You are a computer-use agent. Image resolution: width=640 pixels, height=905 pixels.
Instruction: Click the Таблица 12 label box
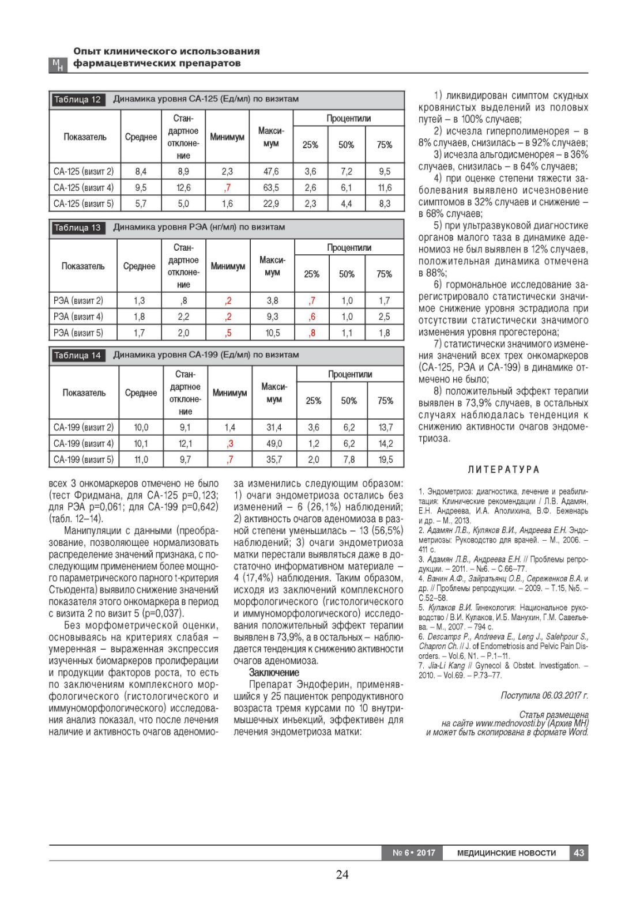[77, 99]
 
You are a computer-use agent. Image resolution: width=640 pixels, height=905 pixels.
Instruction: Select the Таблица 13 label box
[77, 228]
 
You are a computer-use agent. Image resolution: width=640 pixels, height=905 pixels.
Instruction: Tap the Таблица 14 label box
[77, 356]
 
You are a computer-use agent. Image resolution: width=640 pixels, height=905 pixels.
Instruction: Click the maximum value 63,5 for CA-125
[271, 187]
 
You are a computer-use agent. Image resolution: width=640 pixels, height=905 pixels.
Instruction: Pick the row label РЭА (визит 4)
[78, 316]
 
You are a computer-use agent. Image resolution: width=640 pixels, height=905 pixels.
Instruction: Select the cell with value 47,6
[271, 171]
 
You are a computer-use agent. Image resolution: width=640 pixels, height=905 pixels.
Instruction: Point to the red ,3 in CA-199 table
[230, 443]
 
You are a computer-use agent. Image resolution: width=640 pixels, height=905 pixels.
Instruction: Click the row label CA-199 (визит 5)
[84, 459]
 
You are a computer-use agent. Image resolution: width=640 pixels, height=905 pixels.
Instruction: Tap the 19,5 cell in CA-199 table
[385, 459]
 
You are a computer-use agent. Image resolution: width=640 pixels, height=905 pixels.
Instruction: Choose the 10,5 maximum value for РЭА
[272, 333]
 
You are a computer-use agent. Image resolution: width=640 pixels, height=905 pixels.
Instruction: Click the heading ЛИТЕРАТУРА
[503, 470]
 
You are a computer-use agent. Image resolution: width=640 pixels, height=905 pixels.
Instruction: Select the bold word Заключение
[274, 672]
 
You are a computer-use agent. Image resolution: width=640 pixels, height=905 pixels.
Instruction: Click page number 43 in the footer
[579, 853]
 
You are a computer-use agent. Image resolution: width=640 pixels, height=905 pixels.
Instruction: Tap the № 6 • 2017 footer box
[413, 853]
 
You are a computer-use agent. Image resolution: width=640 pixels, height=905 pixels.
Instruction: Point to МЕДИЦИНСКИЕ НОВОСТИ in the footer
[506, 853]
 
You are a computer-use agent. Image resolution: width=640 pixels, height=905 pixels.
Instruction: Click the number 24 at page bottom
[342, 874]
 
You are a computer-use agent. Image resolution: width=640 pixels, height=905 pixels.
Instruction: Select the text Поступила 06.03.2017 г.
[544, 696]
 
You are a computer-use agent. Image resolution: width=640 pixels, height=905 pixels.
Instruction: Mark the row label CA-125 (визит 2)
[84, 171]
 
